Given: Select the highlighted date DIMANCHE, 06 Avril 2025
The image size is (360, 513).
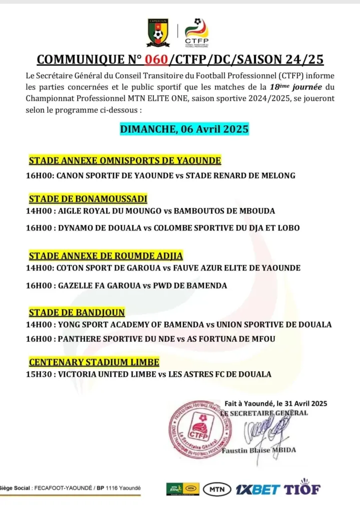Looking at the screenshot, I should [x=184, y=129].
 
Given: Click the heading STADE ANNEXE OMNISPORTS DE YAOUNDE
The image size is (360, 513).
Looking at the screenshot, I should [x=125, y=161].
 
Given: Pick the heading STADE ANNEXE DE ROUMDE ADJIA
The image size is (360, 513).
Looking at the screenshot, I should [x=106, y=256].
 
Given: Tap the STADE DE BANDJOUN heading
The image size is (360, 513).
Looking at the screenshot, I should [x=77, y=313].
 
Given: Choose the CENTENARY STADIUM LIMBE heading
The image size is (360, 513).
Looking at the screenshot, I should [x=94, y=362].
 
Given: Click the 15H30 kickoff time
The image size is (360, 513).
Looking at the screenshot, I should [x=39, y=374].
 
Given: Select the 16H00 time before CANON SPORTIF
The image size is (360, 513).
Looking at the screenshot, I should [x=39, y=176].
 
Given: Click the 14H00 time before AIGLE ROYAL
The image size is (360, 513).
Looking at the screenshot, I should [x=39, y=211].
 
